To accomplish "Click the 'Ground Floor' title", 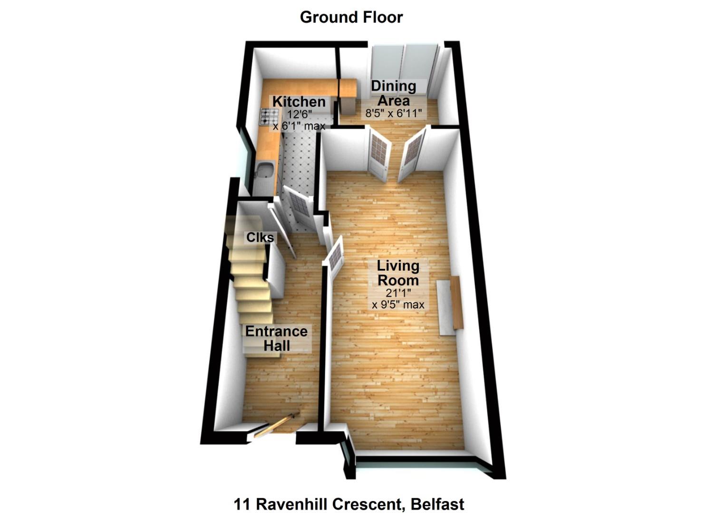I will pos(351,17).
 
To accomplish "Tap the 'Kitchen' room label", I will pos(299,102).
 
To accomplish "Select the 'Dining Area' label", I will pos(393,93).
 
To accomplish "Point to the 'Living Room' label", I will pos(398,273).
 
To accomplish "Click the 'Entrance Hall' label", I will pos(276,338).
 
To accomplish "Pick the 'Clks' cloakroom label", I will pos(260,237).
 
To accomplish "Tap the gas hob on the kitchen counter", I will pos(269,116).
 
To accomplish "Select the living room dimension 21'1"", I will pos(398,293).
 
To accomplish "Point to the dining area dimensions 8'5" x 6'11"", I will pos(394,114).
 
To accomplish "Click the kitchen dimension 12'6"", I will pos(299,114).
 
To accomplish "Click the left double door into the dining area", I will pos(379,153).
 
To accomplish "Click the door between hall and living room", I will pos(335,257).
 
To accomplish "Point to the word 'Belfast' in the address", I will pos(438,503).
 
